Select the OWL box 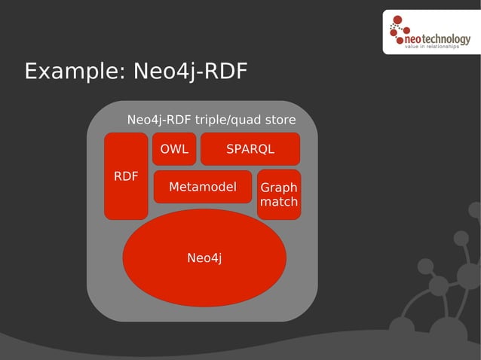(x=174, y=149)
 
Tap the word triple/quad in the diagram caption (x=225, y=120)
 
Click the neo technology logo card (x=430, y=32)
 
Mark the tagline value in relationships (x=432, y=46)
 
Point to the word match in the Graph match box (x=279, y=202)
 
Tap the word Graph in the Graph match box (x=279, y=188)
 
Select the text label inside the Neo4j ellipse (x=204, y=258)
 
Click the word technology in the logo (x=448, y=36)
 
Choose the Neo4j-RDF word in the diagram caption (x=159, y=120)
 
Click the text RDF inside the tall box (x=126, y=176)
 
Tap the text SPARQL (x=250, y=149)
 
